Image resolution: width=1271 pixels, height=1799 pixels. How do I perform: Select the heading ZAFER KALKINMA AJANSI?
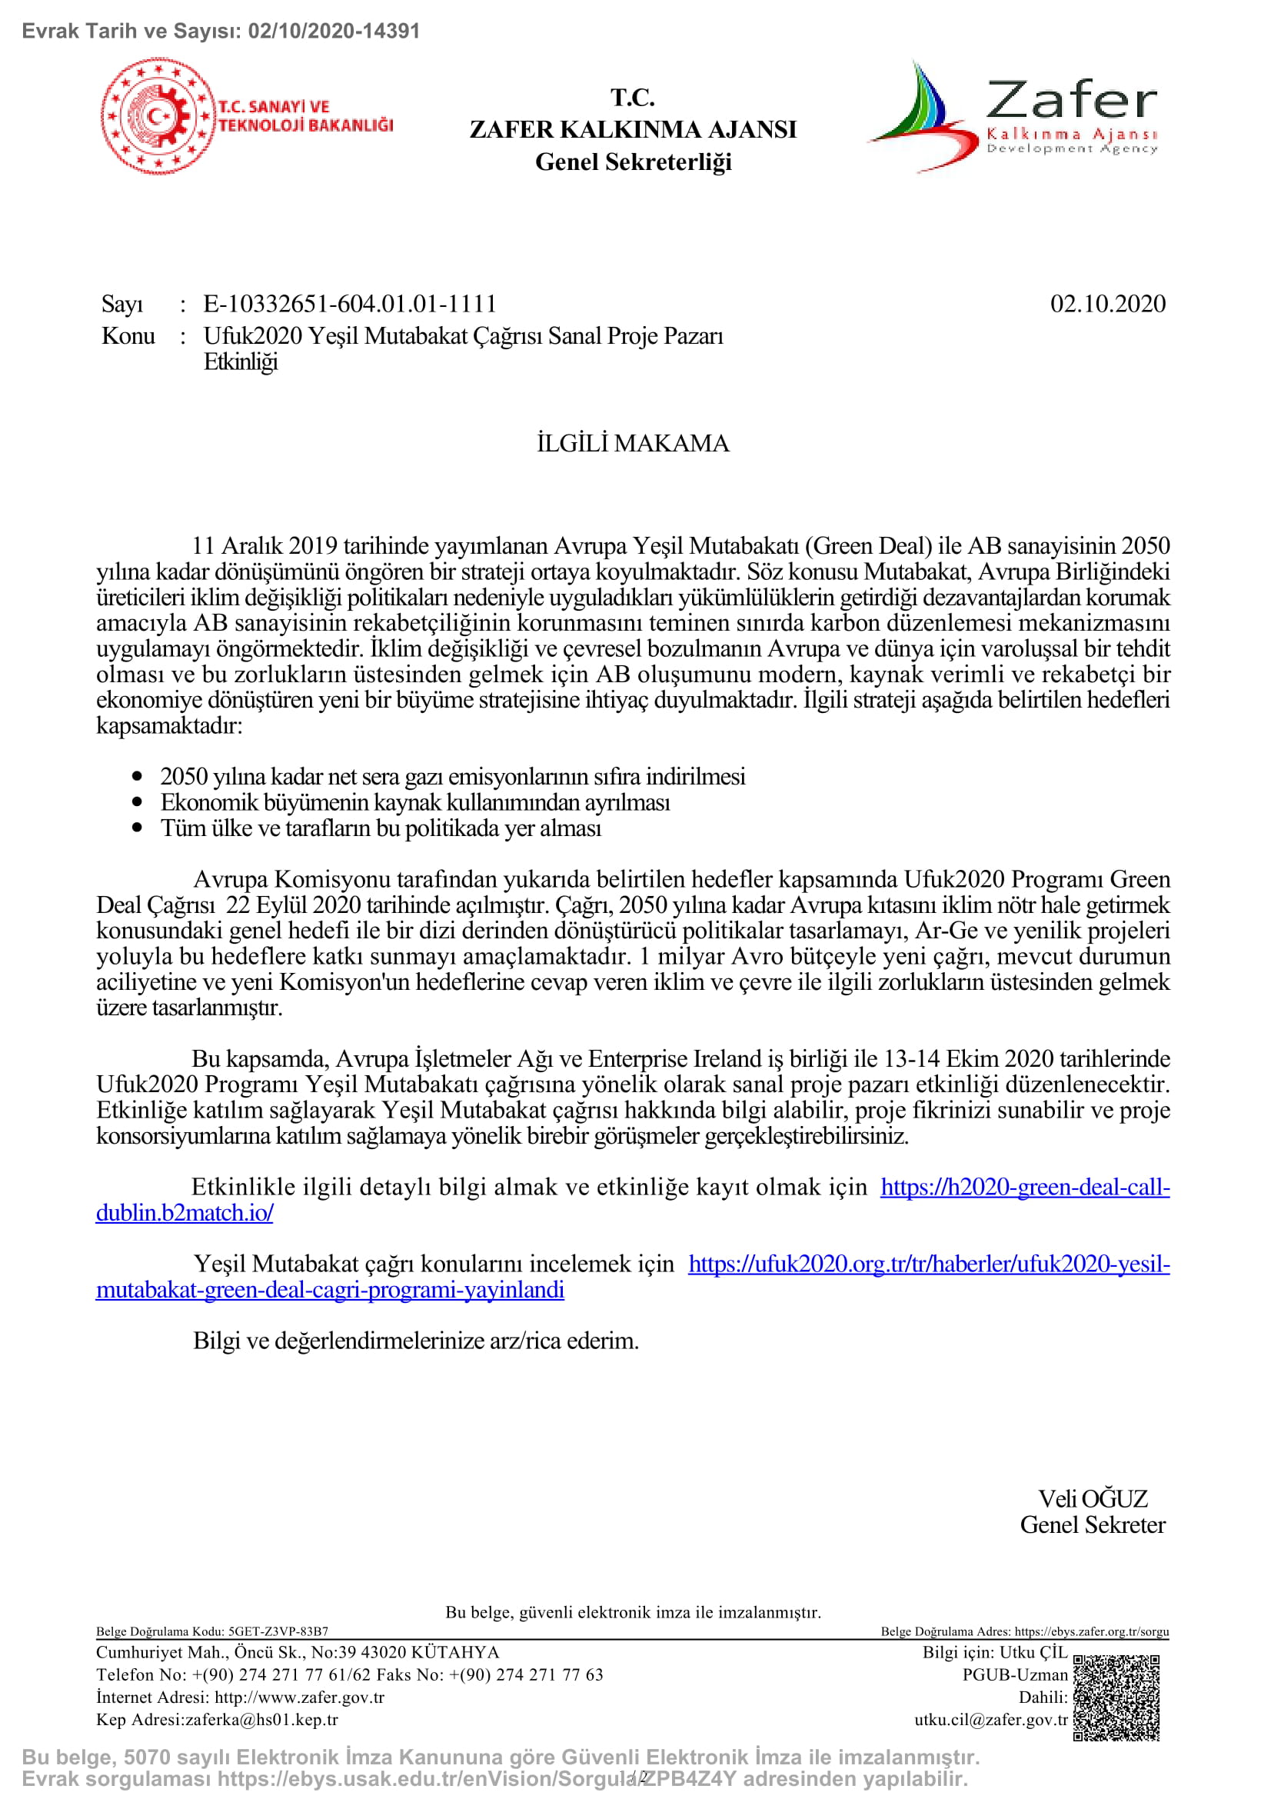click(633, 129)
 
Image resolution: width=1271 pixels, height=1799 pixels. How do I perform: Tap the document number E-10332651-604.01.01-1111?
click(350, 304)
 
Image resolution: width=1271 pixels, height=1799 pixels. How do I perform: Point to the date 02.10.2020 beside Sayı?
click(1107, 304)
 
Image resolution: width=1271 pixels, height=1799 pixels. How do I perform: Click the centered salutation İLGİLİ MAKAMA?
click(633, 444)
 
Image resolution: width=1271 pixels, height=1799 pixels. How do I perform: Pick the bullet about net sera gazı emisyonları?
click(453, 777)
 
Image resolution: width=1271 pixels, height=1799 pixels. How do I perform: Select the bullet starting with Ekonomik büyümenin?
click(415, 802)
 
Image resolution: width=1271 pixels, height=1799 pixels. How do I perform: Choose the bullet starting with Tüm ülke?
click(381, 828)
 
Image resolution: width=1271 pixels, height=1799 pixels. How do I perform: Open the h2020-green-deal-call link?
click(1024, 1187)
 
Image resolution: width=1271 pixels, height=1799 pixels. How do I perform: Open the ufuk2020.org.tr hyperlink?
click(929, 1264)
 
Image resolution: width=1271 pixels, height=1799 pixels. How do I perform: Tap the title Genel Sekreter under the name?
click(1093, 1524)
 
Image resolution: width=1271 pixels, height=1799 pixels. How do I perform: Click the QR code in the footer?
click(1116, 1697)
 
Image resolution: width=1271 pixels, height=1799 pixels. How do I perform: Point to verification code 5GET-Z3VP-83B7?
click(278, 1631)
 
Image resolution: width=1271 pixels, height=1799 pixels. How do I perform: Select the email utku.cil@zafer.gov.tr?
click(990, 1719)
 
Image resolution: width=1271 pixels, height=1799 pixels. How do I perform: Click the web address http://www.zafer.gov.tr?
click(299, 1697)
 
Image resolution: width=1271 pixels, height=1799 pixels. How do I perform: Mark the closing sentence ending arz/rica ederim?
click(416, 1341)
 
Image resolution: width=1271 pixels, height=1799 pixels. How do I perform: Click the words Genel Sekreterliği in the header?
click(633, 162)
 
